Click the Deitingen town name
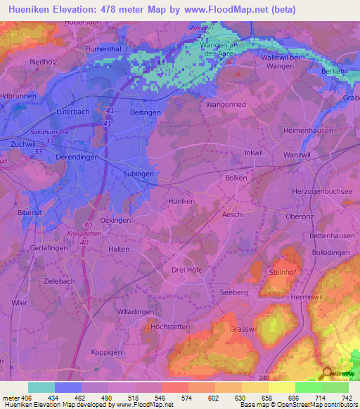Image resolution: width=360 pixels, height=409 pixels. [x=145, y=112]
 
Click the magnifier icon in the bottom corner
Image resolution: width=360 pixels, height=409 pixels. [x=327, y=373]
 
